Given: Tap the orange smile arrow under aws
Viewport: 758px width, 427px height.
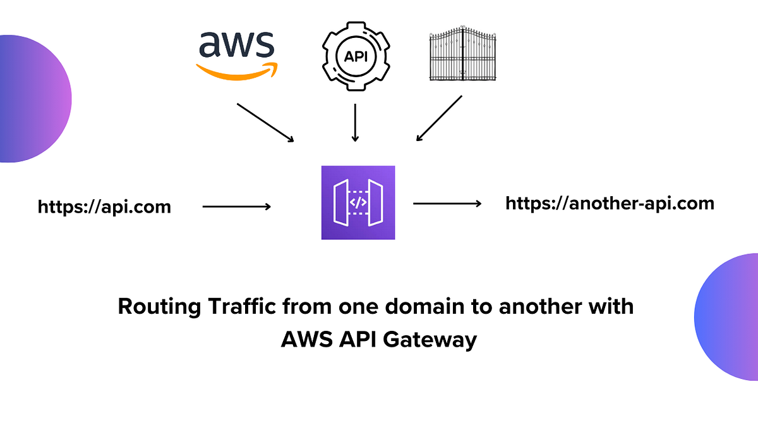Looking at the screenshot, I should pyautogui.click(x=237, y=71).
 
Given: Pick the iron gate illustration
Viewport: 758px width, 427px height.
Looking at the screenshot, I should pyautogui.click(x=463, y=54).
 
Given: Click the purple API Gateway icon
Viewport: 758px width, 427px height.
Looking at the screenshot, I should pyautogui.click(x=358, y=202).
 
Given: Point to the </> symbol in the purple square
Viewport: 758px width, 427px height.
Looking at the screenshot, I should pyautogui.click(x=358, y=203).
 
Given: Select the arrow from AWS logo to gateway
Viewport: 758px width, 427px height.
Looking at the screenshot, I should pyautogui.click(x=265, y=123).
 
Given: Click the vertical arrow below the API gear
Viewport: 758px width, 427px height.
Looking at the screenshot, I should pyautogui.click(x=355, y=123).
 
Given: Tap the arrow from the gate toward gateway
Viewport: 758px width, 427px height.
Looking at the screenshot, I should pyautogui.click(x=440, y=118).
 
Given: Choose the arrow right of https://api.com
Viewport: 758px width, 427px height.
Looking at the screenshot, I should pyautogui.click(x=237, y=206).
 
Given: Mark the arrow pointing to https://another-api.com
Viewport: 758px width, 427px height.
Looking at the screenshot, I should pyautogui.click(x=447, y=204).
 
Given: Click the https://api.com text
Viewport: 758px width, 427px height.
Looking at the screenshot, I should pyautogui.click(x=104, y=207).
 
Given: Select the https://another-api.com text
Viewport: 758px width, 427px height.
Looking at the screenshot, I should pyautogui.click(x=610, y=203).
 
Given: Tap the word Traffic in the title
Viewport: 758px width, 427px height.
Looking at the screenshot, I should pyautogui.click(x=241, y=307).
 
